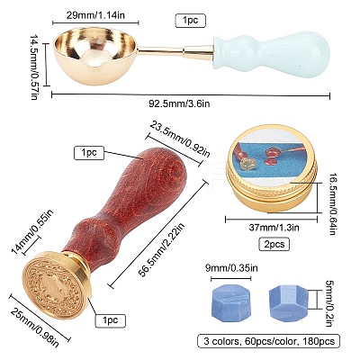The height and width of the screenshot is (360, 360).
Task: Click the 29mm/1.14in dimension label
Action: (x=95, y=15)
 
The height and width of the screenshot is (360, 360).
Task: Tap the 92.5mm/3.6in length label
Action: (x=179, y=103)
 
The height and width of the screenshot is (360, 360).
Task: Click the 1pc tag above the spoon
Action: (x=190, y=21)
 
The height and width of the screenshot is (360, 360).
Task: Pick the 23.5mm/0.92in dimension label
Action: (x=180, y=139)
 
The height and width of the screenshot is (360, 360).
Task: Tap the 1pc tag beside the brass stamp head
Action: (x=111, y=320)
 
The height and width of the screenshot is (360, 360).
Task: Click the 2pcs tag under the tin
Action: (x=274, y=244)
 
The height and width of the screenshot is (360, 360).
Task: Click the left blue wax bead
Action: (x=230, y=301)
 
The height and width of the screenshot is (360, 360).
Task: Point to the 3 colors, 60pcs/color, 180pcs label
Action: (x=268, y=341)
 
